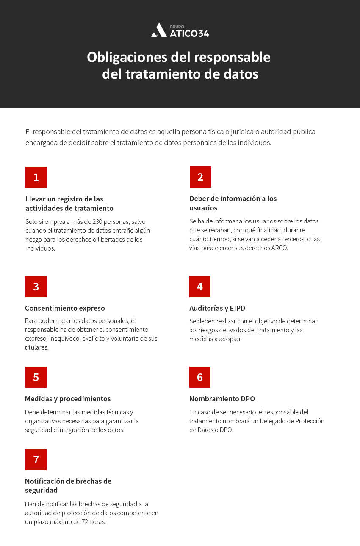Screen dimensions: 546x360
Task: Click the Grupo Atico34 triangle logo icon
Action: [x=159, y=30]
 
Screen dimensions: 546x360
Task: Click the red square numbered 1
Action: [x=36, y=177]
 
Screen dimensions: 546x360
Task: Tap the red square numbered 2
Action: [x=200, y=177]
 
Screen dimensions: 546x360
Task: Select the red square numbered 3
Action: [x=36, y=287]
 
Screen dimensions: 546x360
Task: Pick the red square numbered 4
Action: [x=200, y=287]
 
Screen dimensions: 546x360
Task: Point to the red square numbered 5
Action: [x=36, y=377]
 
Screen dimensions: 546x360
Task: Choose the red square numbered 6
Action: [x=200, y=377]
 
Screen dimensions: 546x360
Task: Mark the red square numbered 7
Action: [x=36, y=460]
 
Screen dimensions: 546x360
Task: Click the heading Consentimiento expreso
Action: [x=65, y=308]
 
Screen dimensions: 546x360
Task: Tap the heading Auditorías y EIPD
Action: [x=217, y=308]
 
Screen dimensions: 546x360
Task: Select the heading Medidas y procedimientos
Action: [x=68, y=399]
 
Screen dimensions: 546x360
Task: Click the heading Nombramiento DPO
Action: [x=222, y=399]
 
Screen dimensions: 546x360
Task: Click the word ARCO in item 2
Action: [x=280, y=248]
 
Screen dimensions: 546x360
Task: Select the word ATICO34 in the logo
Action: [x=189, y=33]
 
